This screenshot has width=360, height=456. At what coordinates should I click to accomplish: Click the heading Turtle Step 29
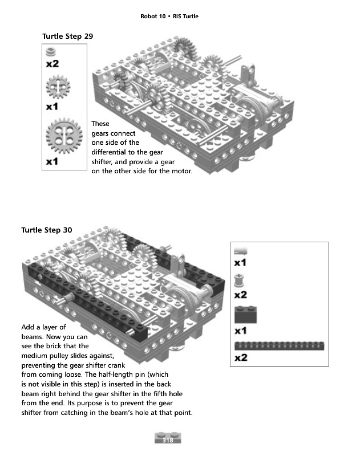[x=67, y=36]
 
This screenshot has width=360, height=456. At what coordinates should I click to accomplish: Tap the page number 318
[x=168, y=439]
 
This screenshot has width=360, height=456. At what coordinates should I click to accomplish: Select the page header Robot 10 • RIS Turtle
[x=169, y=16]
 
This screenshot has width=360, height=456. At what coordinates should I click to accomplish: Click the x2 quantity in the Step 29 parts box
[x=52, y=64]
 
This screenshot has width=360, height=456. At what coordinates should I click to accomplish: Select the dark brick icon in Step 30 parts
[x=245, y=314]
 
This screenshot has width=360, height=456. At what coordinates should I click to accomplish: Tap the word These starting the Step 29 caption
[x=100, y=124]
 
